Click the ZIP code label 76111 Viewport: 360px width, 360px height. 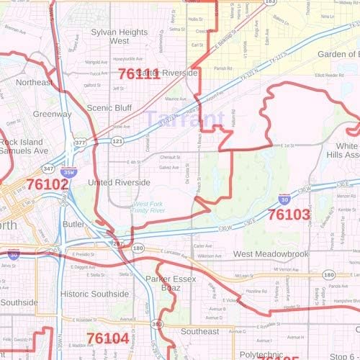[138, 73]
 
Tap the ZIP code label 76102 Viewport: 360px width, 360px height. [48, 184]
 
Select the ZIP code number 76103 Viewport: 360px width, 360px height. [288, 214]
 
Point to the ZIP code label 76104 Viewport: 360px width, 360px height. [107, 338]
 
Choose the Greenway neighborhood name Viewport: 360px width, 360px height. [52, 114]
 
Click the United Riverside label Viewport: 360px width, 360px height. [119, 183]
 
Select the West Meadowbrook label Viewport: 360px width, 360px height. [271, 255]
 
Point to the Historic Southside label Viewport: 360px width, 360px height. [94, 294]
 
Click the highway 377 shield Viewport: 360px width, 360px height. [81, 143]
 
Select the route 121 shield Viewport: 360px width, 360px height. [117, 142]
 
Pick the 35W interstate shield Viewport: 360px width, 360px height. [69, 174]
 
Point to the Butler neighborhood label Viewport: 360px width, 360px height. [74, 225]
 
